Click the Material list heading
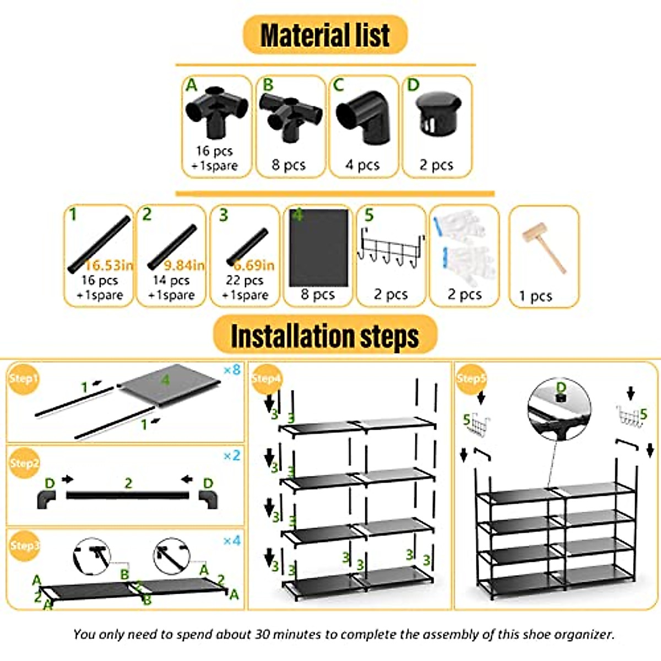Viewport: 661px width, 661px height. tap(325, 35)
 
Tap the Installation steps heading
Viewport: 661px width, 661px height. tap(325, 335)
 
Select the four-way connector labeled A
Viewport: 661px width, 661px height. tap(216, 111)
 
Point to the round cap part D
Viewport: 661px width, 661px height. tap(437, 114)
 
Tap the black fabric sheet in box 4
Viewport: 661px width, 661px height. tap(318, 248)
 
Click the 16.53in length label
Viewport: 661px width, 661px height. tap(109, 266)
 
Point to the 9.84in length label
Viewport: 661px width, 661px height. tap(184, 266)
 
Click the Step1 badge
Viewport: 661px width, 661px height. tap(23, 378)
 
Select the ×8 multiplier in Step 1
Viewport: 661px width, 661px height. tap(232, 370)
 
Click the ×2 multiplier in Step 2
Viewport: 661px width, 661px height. tap(232, 456)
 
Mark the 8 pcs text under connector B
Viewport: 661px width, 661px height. tap(289, 165)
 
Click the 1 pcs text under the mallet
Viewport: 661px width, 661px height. tap(535, 297)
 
